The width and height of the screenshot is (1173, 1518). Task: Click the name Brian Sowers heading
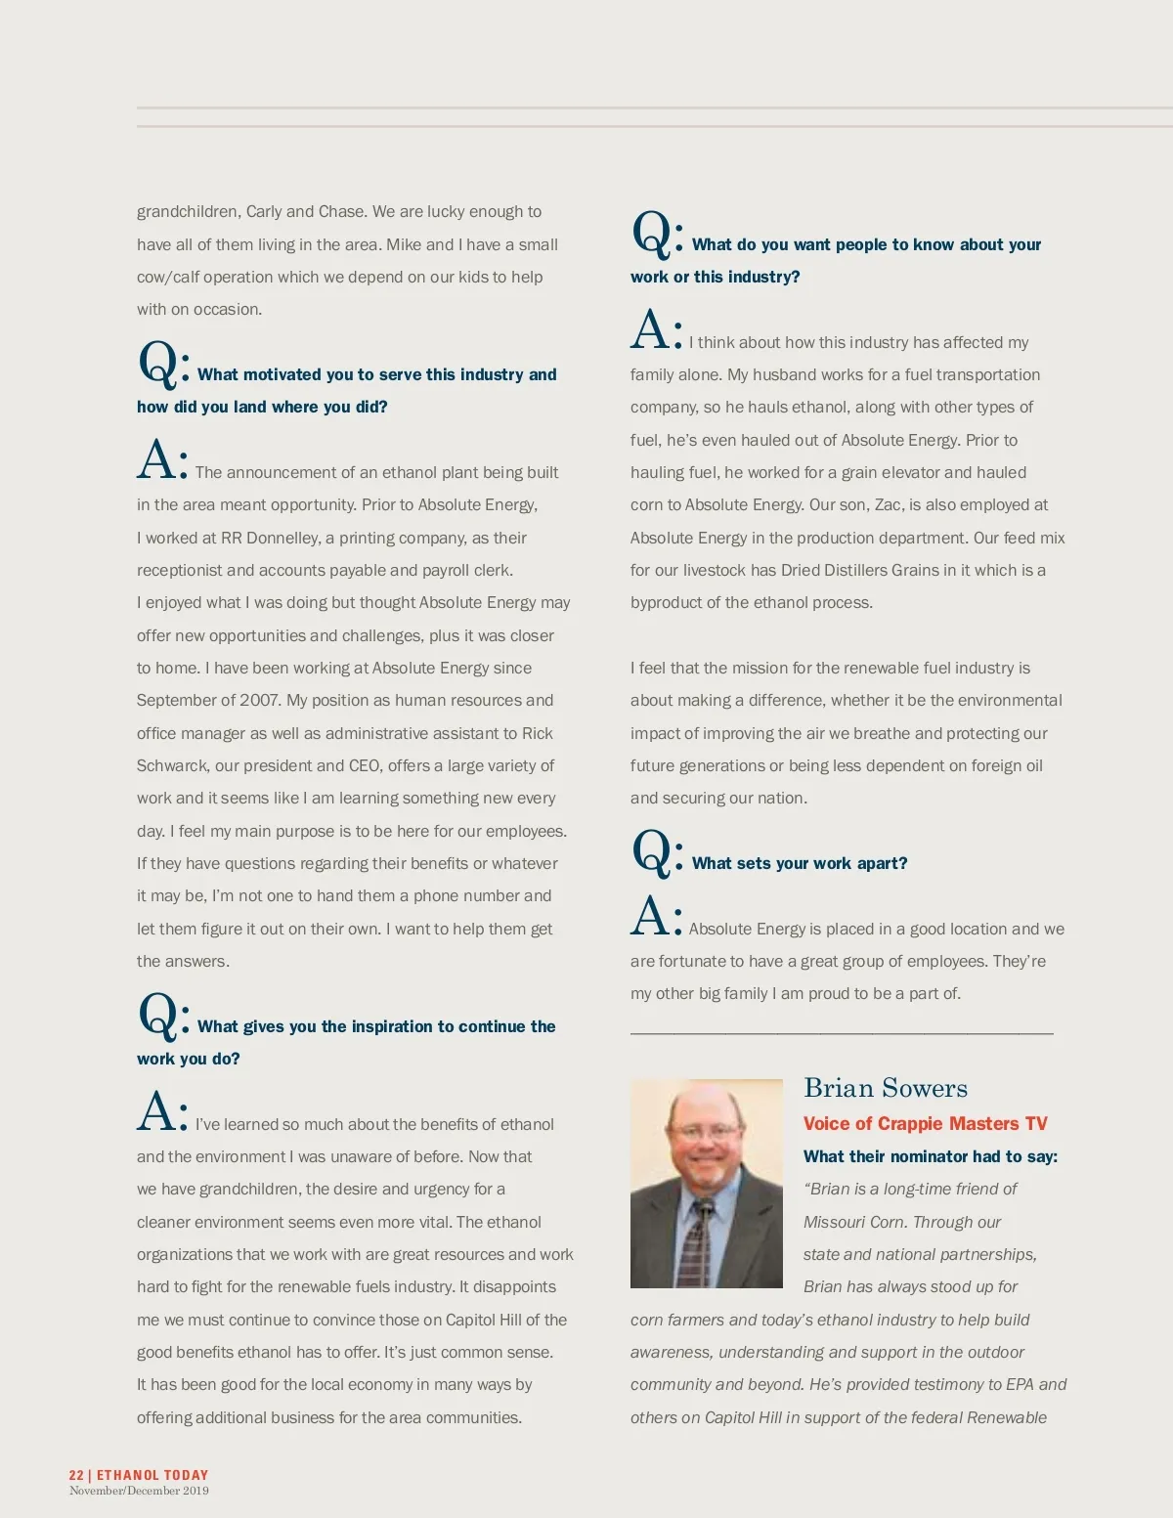[x=885, y=1088]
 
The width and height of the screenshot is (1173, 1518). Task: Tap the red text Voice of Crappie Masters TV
[x=925, y=1124]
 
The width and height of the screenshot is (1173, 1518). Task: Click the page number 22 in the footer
[x=76, y=1475]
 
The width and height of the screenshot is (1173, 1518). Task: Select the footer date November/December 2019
[x=139, y=1491]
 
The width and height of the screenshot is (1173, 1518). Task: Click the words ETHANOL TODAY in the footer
[x=152, y=1475]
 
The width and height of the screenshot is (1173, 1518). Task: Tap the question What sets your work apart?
[x=799, y=863]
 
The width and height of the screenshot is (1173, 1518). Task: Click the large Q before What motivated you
[x=157, y=364]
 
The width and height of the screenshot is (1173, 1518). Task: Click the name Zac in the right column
[x=888, y=504]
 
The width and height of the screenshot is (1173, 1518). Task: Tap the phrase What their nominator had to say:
[x=930, y=1156]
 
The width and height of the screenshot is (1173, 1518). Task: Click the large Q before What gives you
[x=157, y=1016]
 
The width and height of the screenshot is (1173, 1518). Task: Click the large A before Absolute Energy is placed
[x=650, y=917]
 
